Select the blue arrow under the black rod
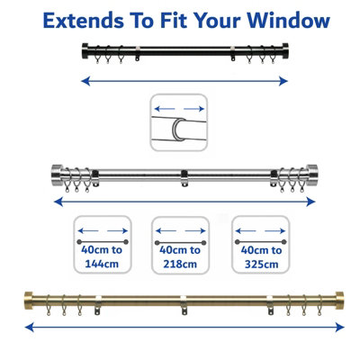click(x=184, y=80)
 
